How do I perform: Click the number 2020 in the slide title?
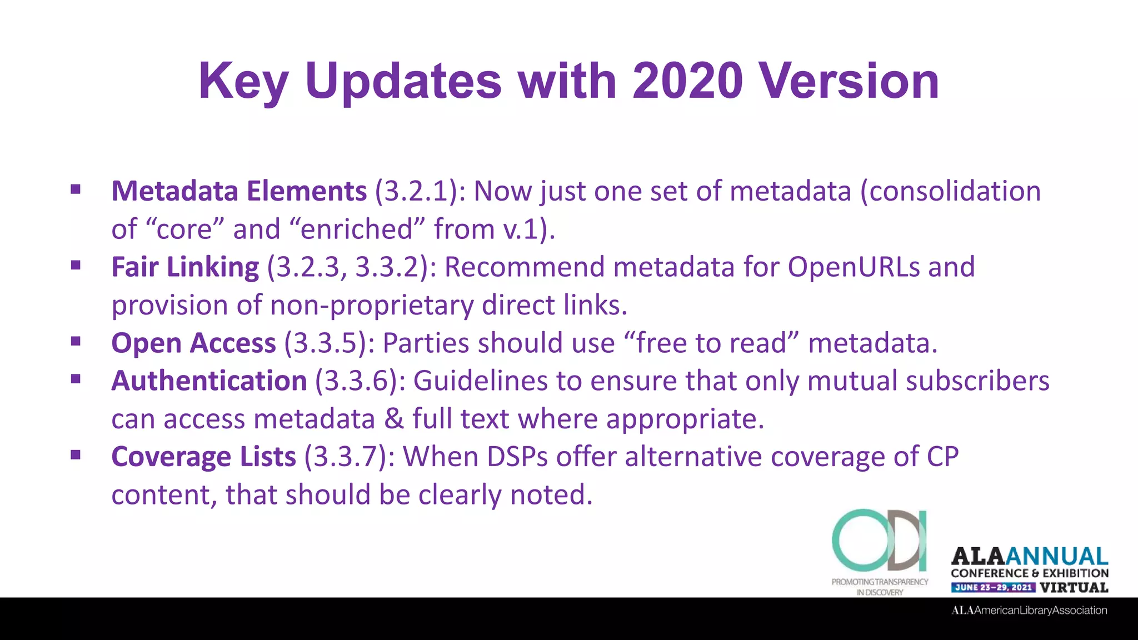687,81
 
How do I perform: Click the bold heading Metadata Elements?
239,191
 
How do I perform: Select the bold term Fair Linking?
185,267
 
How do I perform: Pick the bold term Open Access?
193,343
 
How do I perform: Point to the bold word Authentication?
209,381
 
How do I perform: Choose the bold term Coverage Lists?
203,457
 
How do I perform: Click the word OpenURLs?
853,267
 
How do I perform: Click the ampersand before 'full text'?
393,419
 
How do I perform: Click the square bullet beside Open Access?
76,341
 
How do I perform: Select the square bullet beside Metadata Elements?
76,189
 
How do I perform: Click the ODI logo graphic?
880,541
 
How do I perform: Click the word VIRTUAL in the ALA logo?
1074,588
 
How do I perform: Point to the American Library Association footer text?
1029,611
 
